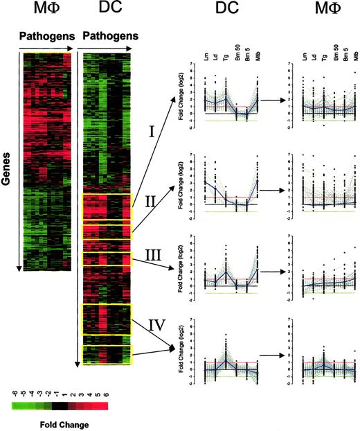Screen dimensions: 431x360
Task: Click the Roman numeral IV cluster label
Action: pos(156,322)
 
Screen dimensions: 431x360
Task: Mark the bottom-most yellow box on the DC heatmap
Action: pos(106,355)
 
